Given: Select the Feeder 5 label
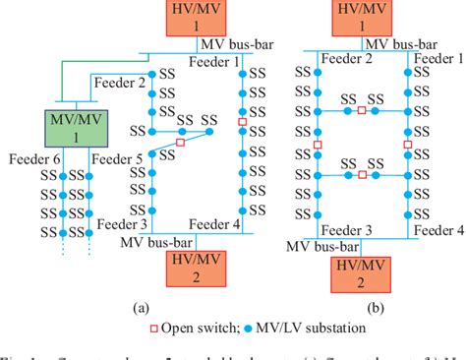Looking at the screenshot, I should pos(122,156).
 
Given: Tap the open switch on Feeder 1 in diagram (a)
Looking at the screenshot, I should pos(242,120).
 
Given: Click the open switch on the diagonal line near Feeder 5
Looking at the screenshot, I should pos(180,143).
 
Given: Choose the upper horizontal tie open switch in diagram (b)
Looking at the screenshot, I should pos(362,111).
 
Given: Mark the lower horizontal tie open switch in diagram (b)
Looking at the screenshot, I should pos(362,175).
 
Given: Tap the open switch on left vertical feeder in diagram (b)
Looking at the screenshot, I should pos(317,145).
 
